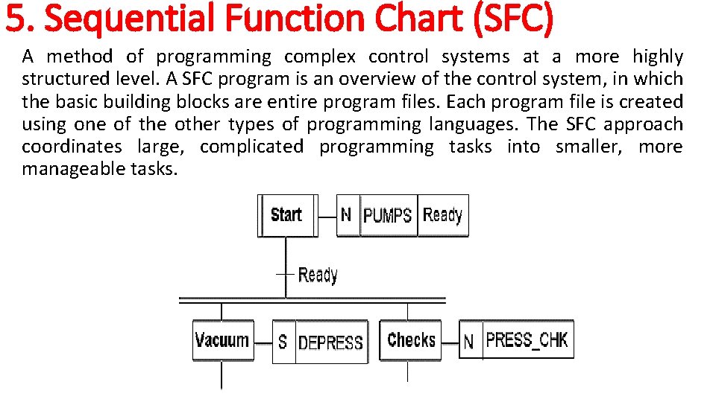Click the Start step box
tap(286, 215)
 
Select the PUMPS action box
tap(388, 216)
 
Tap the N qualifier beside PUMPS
tap(347, 215)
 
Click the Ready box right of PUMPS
tap(443, 216)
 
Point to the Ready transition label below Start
tap(318, 275)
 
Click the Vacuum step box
tap(222, 341)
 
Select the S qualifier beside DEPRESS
tap(283, 342)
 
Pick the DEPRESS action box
tap(330, 342)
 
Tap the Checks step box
tap(410, 340)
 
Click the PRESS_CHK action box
tap(527, 340)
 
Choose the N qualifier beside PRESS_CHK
tap(468, 342)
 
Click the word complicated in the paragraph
tap(251, 147)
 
